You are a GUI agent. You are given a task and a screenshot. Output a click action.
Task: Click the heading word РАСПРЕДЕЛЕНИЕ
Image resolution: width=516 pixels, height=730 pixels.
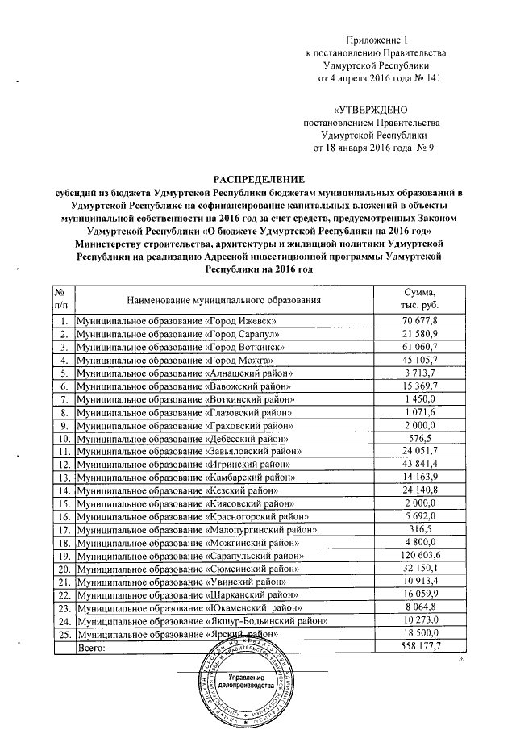coord(258,178)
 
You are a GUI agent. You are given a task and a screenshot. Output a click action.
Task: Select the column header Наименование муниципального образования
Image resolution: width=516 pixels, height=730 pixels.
coord(198,299)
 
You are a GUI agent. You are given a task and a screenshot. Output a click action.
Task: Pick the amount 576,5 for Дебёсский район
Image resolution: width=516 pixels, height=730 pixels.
coord(419,438)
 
